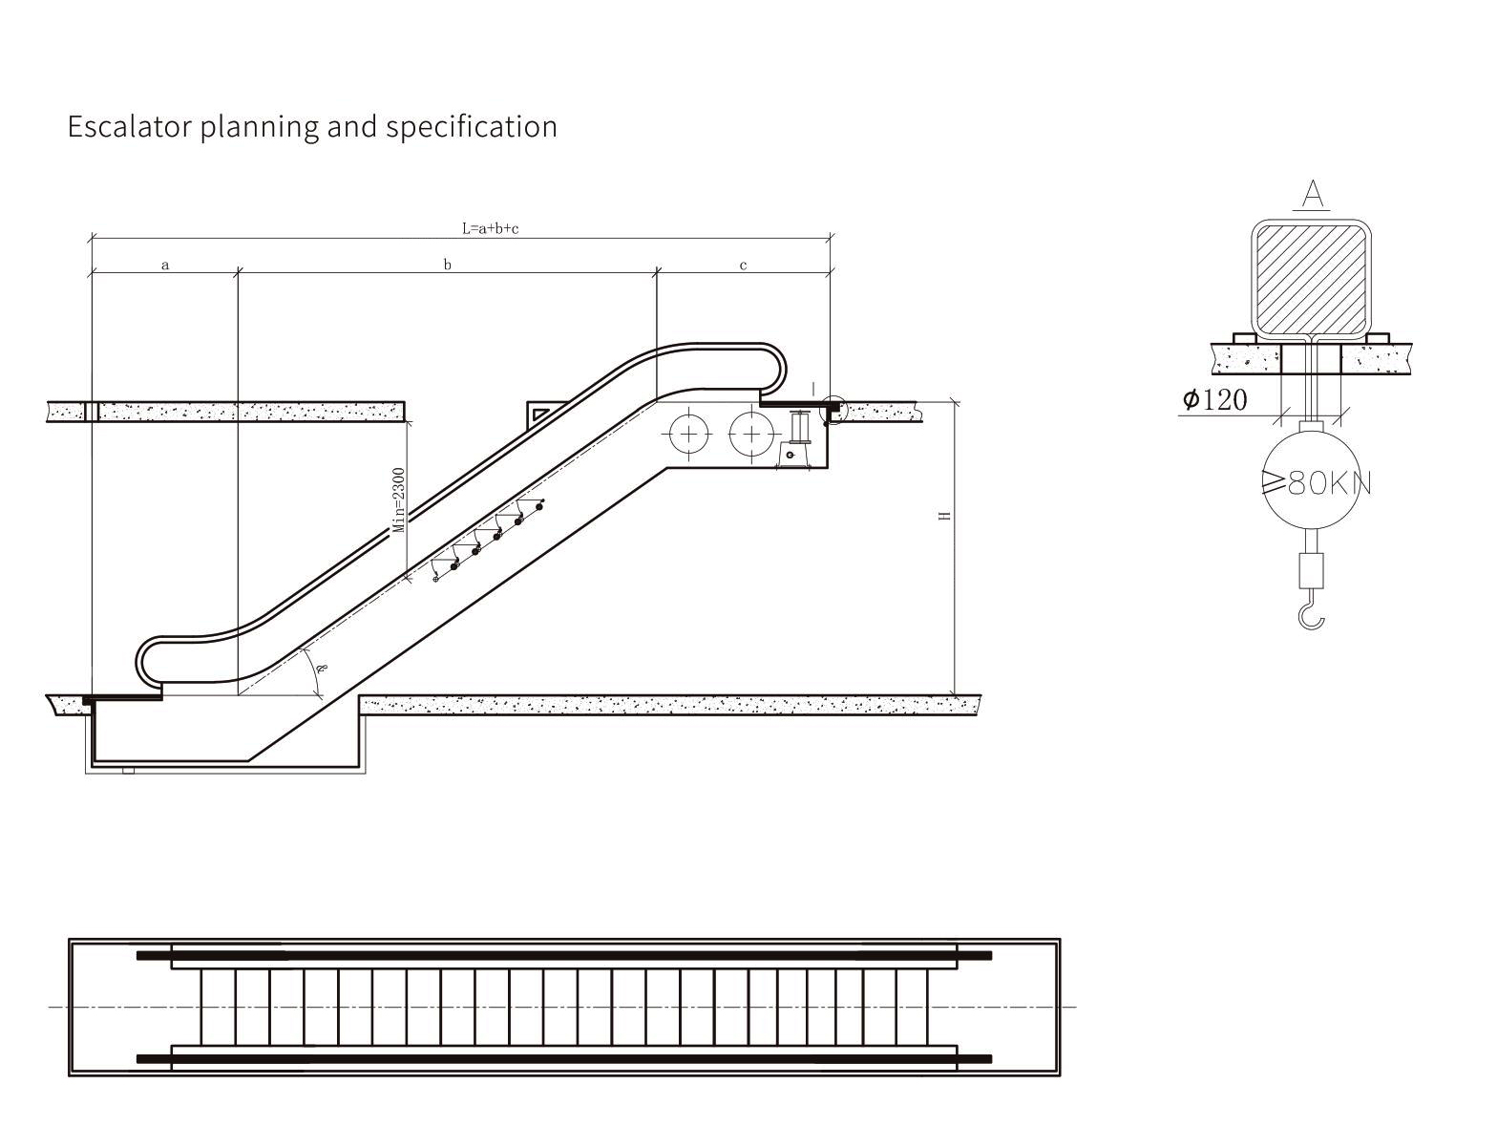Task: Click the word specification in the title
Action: coord(472,128)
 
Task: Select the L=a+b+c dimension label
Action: coord(490,228)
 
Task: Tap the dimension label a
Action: coord(164,265)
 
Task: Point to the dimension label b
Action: coord(447,264)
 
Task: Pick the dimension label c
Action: coord(743,266)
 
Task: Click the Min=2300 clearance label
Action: coord(399,500)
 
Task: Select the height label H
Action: coord(945,515)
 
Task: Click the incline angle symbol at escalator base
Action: coord(321,668)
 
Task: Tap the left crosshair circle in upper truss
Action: coord(688,435)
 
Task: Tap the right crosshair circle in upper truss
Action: coord(751,435)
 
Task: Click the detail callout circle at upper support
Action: coord(833,411)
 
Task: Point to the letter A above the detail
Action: coord(1313,194)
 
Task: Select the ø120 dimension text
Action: coord(1214,399)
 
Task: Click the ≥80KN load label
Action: coord(1316,483)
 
